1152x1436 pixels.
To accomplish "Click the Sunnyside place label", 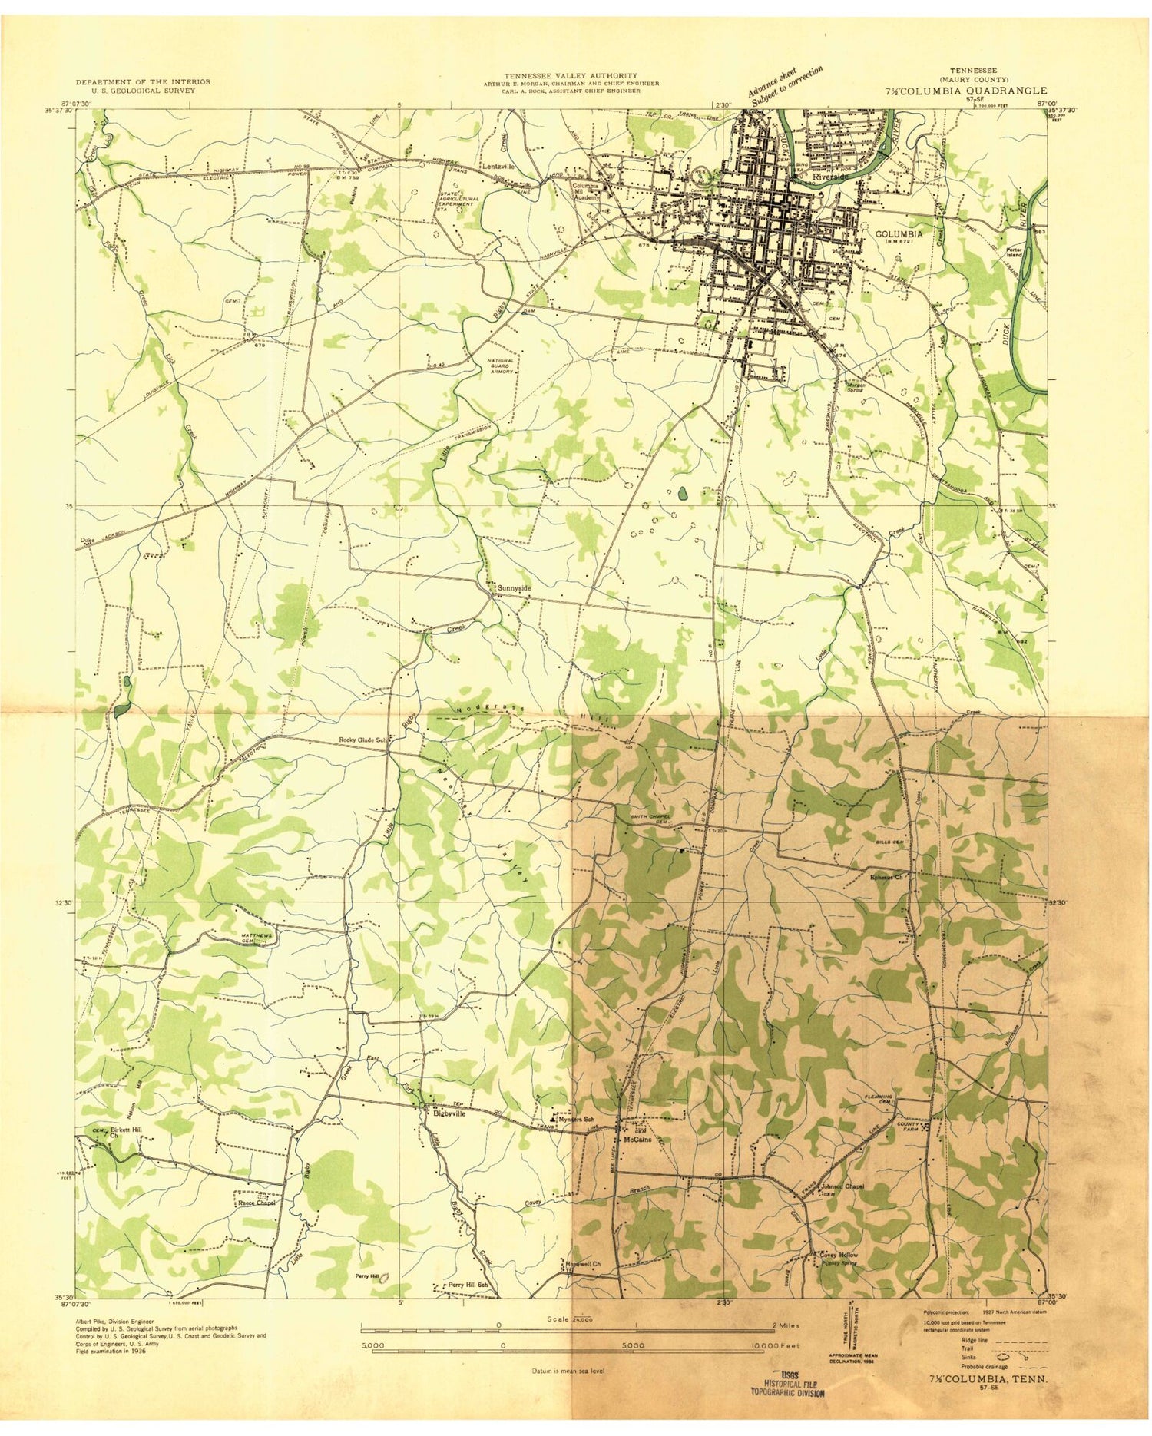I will [514, 587].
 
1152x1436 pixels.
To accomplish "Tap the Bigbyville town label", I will [449, 1113].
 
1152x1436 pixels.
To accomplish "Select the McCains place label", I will [637, 1139].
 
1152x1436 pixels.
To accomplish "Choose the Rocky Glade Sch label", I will [365, 740].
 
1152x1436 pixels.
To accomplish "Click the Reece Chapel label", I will [256, 1203].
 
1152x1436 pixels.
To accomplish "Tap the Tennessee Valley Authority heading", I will [571, 75].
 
